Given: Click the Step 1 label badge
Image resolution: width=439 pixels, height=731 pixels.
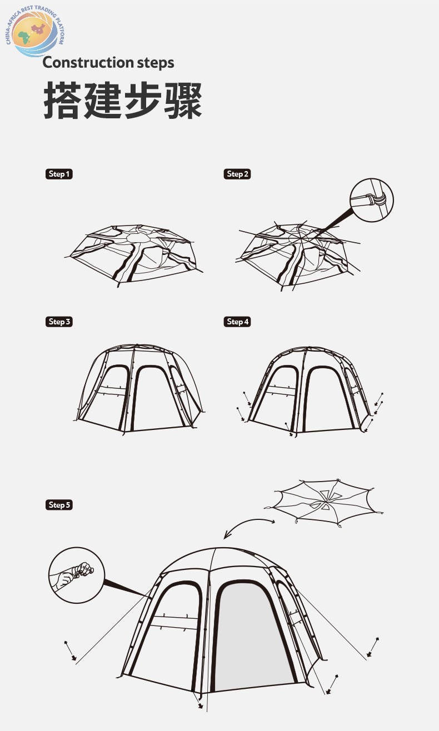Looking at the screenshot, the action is click(59, 174).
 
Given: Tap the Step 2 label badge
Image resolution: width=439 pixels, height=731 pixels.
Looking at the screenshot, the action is click(237, 174).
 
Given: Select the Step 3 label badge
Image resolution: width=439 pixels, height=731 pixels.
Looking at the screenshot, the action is click(59, 322).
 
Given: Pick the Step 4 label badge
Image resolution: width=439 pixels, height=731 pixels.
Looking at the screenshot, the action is click(237, 322).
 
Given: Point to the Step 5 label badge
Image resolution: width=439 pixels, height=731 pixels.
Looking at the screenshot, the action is click(59, 505).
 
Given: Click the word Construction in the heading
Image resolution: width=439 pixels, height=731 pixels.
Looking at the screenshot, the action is click(88, 63).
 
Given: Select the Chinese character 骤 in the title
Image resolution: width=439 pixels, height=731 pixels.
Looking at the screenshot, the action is click(183, 100).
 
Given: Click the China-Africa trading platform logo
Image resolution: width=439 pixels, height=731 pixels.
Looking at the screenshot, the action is click(34, 32).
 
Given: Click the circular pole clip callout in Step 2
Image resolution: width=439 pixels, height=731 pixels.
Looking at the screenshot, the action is click(371, 200).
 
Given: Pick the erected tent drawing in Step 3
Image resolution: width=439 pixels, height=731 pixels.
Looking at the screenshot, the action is click(139, 389).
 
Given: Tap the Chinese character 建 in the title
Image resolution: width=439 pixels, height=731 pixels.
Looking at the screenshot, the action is click(102, 100).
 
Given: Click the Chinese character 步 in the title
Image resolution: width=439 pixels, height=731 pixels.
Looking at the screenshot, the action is click(143, 100).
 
